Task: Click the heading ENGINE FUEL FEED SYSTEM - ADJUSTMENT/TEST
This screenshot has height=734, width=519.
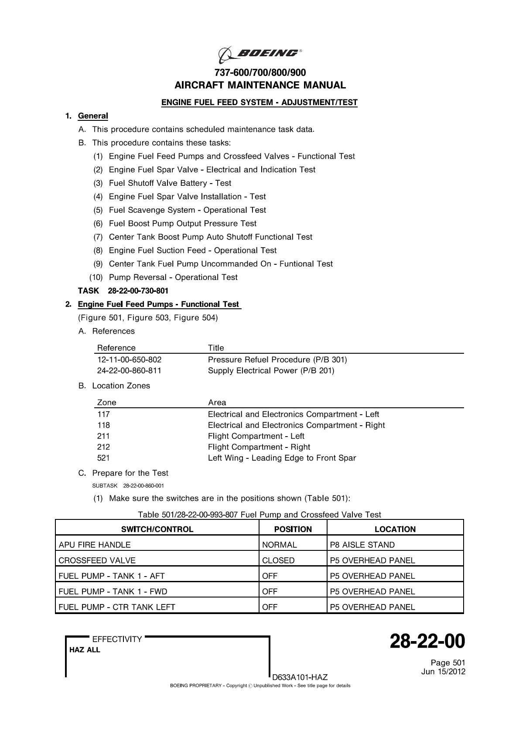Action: coord(259,102)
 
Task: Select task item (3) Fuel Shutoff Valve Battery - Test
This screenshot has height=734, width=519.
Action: coord(170,183)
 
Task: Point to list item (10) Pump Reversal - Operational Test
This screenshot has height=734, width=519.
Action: coord(173,277)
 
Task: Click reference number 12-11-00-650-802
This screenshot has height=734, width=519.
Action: coord(129,360)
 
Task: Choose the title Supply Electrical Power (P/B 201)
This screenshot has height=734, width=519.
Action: coord(271,371)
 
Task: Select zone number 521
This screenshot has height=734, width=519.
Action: coord(104,458)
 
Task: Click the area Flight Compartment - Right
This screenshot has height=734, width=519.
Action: coord(259,447)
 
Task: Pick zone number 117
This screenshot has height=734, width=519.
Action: coord(104,414)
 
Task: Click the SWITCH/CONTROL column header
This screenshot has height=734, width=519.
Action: coord(157,529)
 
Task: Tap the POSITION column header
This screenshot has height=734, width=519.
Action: coord(293,529)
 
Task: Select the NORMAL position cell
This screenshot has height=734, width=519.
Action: coord(280,545)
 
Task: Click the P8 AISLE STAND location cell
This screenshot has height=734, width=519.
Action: coord(362,545)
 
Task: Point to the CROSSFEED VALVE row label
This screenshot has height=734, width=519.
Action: coord(97,560)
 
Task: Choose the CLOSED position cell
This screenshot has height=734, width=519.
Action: coord(278,560)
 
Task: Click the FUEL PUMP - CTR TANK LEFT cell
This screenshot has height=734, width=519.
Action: coord(117,607)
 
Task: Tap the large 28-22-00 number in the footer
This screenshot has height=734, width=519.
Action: coord(427,642)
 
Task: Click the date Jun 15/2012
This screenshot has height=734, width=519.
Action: coord(443,672)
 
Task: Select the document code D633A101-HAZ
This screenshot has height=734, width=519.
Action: coord(300,677)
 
